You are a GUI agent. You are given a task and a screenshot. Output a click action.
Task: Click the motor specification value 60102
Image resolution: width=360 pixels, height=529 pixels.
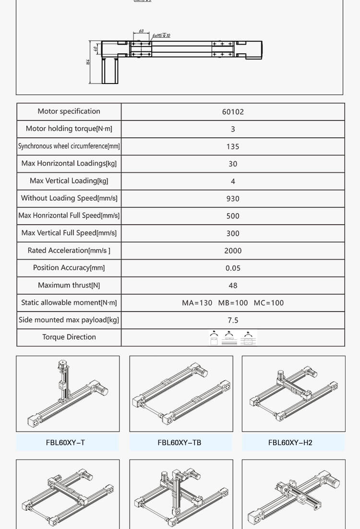coord(233,112)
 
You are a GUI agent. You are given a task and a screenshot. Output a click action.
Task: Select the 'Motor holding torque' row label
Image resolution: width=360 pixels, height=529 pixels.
coord(69,129)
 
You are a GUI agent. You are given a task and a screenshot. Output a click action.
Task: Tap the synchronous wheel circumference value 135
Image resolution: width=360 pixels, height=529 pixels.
coord(233,146)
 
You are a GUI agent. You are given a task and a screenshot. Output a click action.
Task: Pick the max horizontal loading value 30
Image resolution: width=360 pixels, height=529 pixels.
coord(233,164)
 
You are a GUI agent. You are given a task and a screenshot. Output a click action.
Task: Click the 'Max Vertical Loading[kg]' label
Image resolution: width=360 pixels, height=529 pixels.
coord(69,181)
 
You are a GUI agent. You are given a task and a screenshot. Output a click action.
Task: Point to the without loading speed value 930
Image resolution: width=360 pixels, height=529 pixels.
coord(233,198)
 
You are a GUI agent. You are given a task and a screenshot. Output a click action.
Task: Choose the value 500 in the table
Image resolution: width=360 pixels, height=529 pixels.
coord(233,216)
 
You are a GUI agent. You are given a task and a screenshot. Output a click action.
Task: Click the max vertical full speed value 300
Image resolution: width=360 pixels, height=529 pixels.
coord(233,233)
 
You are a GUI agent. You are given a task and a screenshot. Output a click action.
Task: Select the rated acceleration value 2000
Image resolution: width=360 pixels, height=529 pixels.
coord(233,251)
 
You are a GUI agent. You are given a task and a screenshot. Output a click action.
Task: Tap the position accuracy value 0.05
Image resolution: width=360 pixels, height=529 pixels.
coord(233,268)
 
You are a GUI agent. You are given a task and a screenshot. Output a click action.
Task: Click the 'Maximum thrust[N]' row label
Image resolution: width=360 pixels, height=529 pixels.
coord(69,285)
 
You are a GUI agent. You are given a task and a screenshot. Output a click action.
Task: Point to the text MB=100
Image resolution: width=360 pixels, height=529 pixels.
coord(233,303)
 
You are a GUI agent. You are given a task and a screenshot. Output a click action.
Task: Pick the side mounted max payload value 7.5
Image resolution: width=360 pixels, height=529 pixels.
coord(233,320)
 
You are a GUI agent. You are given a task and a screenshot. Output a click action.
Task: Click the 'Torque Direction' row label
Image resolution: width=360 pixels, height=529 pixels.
coord(69,337)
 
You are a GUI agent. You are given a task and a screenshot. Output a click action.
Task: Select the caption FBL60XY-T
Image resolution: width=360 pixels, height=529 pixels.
coord(65,443)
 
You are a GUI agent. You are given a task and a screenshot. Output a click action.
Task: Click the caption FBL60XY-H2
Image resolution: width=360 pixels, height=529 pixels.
coord(290,443)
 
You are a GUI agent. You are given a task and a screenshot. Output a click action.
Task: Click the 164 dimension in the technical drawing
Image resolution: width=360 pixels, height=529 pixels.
coord(89,63)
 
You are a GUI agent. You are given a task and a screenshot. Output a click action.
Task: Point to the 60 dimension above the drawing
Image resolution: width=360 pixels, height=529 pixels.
coord(141,31)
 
